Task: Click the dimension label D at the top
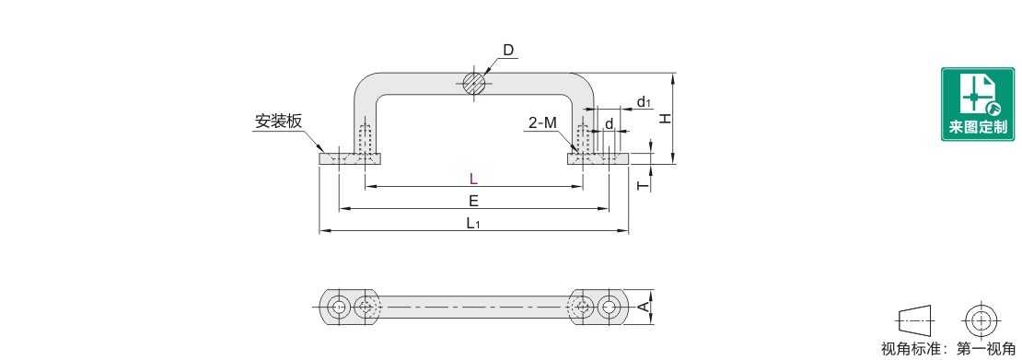coord(508,51)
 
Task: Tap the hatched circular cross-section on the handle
coord(474,83)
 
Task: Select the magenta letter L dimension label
coord(474,179)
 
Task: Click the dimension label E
coord(474,200)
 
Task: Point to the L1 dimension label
coord(474,223)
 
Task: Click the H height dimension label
coord(665,119)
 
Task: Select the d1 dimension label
coord(644,101)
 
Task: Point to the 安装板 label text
coord(278,122)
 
